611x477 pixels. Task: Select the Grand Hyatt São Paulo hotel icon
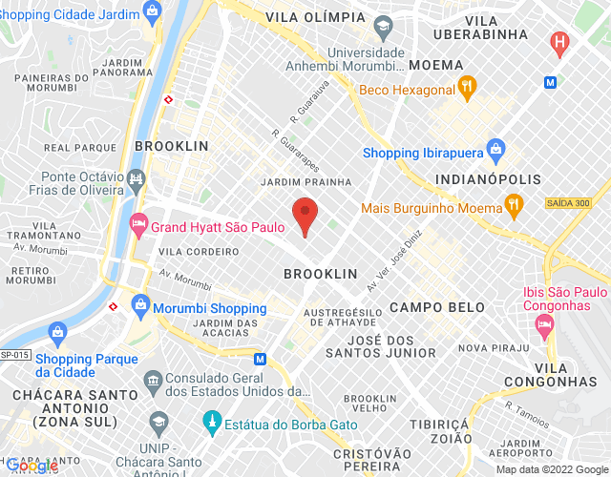[x=138, y=225]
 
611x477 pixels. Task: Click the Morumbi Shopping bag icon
[x=141, y=307]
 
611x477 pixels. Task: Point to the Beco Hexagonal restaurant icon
[x=467, y=89]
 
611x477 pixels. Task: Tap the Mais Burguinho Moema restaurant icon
[x=514, y=205]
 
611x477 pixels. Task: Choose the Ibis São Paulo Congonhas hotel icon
[x=545, y=326]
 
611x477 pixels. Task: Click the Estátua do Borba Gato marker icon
[x=212, y=420]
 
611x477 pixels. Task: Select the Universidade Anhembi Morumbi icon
[x=383, y=25]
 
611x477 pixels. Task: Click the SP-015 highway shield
[x=15, y=354]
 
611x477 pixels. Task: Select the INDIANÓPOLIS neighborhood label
[x=488, y=178]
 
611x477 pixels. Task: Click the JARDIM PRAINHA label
[x=306, y=181]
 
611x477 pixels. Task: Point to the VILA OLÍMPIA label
[x=315, y=18]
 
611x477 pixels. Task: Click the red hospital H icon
[x=560, y=43]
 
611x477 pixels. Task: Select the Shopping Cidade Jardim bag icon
[x=151, y=10]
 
